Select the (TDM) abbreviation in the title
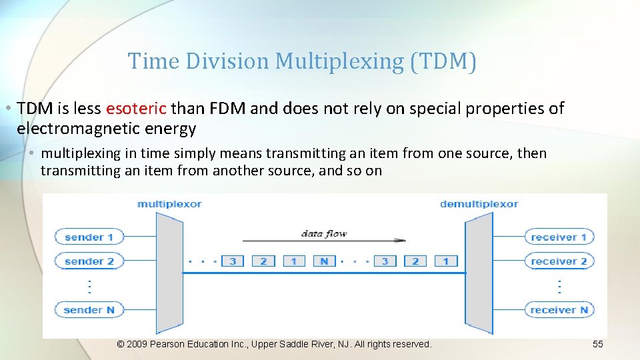click(x=443, y=61)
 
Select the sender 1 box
click(x=89, y=237)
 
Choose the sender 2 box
click(x=89, y=261)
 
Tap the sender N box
click(x=89, y=309)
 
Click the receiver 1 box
click(x=559, y=237)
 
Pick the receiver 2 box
click(x=559, y=261)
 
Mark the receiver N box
click(x=559, y=309)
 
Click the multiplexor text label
click(x=169, y=204)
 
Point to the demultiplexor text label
click(x=479, y=204)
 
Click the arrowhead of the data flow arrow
click(x=401, y=240)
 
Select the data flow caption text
click(x=324, y=233)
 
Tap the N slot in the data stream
click(x=324, y=261)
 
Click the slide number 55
click(x=597, y=344)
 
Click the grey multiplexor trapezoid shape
click(x=169, y=273)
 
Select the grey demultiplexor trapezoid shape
click(x=479, y=273)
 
